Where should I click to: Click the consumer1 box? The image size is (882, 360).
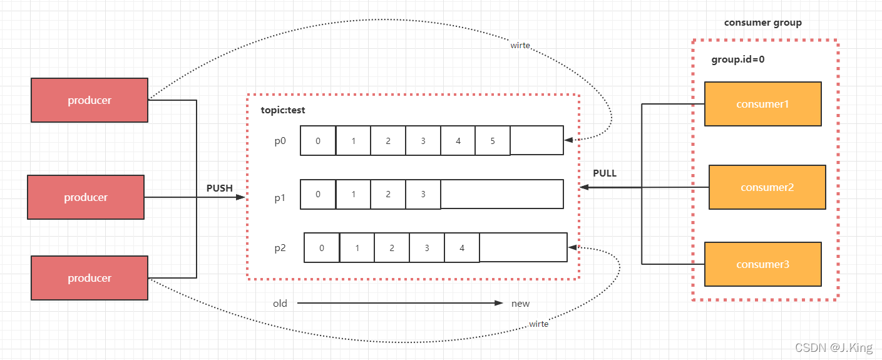click(762, 104)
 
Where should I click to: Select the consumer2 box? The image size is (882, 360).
click(767, 187)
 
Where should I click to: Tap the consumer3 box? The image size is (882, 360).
click(762, 264)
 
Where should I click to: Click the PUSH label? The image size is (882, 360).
click(219, 188)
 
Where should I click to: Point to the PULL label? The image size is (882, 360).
click(605, 173)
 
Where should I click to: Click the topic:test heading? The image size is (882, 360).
click(283, 110)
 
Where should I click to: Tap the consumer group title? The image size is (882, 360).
click(762, 23)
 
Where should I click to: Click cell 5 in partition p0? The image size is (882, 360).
click(493, 141)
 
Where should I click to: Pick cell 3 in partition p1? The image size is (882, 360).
click(423, 194)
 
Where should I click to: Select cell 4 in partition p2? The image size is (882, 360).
click(462, 248)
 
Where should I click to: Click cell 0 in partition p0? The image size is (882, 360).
click(318, 141)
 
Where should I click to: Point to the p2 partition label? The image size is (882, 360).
click(280, 248)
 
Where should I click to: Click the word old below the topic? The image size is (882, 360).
click(280, 304)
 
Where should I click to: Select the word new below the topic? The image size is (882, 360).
click(520, 304)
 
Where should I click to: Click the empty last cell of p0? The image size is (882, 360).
click(536, 141)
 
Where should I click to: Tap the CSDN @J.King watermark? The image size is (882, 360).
click(833, 347)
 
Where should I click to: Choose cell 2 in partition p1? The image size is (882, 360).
click(388, 194)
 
